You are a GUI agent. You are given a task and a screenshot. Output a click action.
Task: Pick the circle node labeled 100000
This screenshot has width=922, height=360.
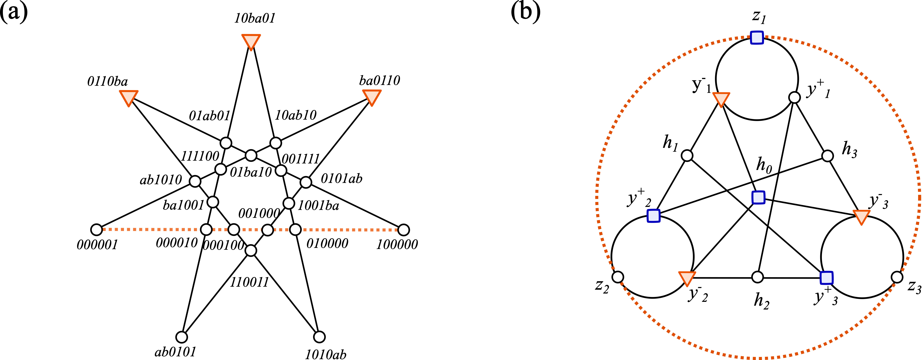pos(403,230)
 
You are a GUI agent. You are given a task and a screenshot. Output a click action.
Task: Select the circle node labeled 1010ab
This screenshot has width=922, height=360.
pos(319,337)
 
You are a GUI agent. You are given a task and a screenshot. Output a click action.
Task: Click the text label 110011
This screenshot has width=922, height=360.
pos(249,282)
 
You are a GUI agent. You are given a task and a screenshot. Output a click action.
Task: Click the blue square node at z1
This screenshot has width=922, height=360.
pos(757,37)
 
